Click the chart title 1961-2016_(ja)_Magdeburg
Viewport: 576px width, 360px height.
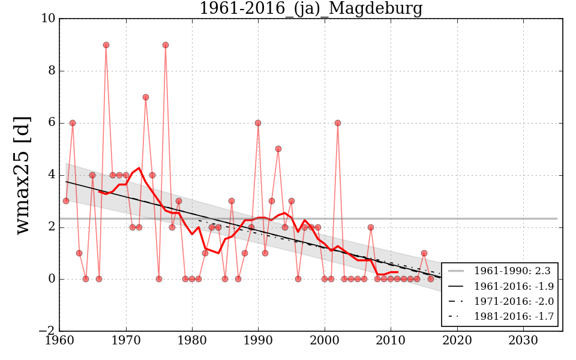311,8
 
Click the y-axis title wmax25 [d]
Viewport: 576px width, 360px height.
22,175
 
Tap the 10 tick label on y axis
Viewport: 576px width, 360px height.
48,19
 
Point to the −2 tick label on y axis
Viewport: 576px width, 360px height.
47,331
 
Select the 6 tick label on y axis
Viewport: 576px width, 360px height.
52,123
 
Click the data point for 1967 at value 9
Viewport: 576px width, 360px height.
106,45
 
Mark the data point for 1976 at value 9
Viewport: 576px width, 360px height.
166,45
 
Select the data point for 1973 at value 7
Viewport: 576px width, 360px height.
146,97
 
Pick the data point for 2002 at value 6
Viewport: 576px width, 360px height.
338,123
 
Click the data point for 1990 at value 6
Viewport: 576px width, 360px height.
258,123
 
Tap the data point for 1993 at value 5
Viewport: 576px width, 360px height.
278,149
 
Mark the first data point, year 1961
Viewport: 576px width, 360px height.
66,201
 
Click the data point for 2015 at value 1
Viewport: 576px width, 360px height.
424,253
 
